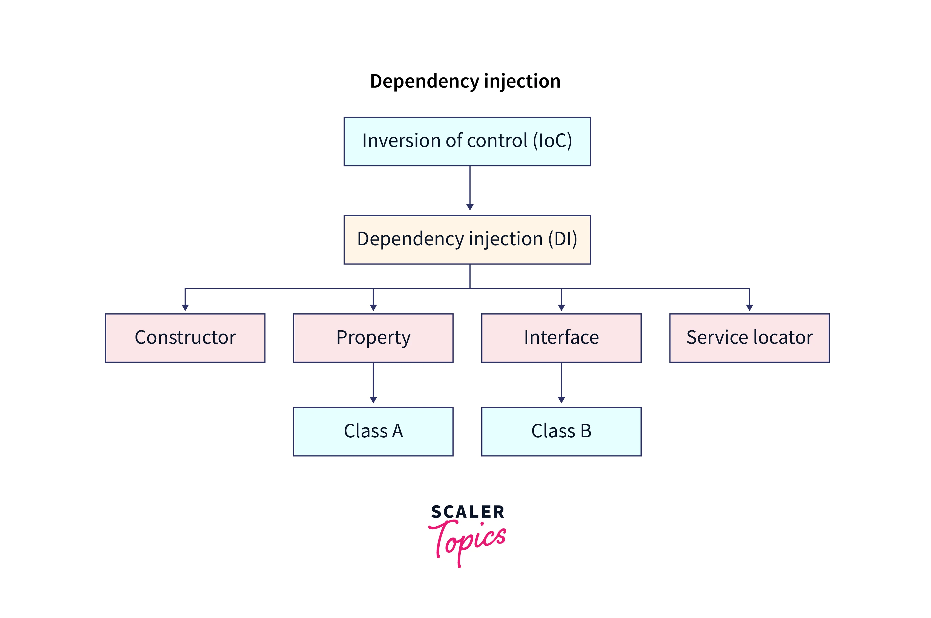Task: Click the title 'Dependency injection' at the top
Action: pyautogui.click(x=465, y=81)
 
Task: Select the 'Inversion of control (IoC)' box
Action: pyautogui.click(x=467, y=141)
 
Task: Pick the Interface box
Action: pyautogui.click(x=561, y=338)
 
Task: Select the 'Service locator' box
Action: pyautogui.click(x=749, y=338)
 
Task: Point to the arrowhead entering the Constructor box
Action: pyautogui.click(x=185, y=307)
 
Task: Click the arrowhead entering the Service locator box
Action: pyautogui.click(x=749, y=307)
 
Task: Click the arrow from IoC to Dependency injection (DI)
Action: pyautogui.click(x=470, y=187)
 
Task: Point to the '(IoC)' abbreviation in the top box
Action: pyautogui.click(x=552, y=141)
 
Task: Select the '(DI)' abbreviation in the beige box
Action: pyautogui.click(x=563, y=239)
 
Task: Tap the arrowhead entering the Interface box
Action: pyautogui.click(x=561, y=307)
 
